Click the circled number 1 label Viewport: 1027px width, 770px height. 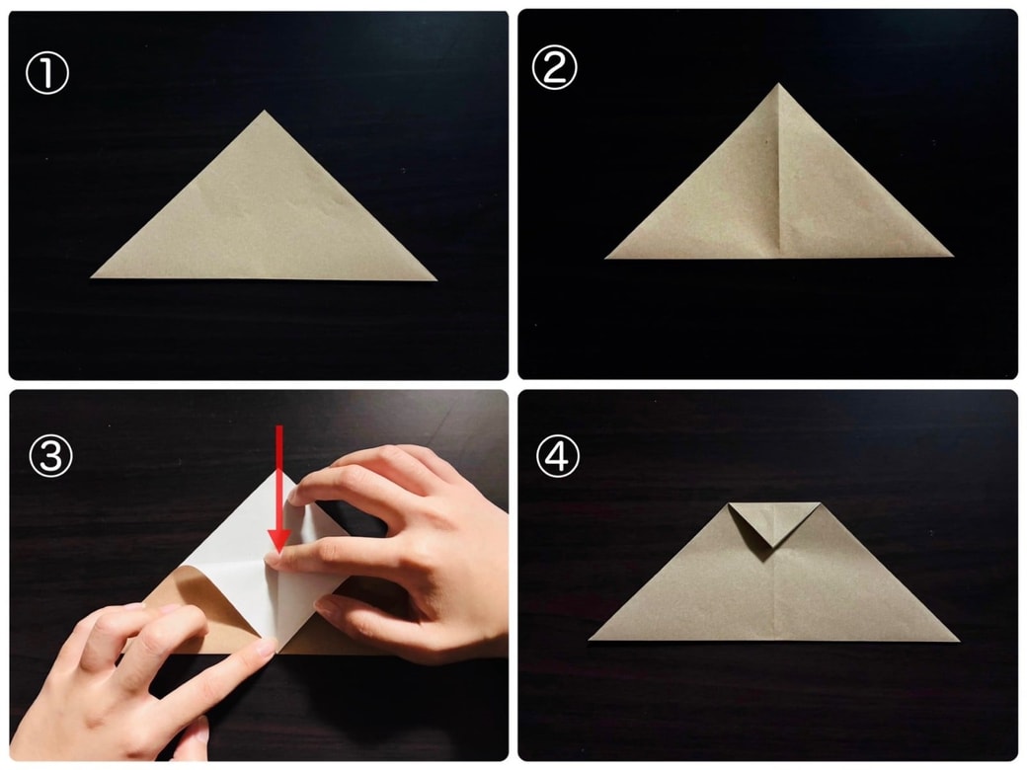pyautogui.click(x=47, y=73)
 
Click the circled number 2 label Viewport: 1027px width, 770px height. pyautogui.click(x=554, y=68)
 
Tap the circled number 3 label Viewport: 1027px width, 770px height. pyautogui.click(x=50, y=455)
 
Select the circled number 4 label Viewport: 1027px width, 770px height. pyautogui.click(x=557, y=456)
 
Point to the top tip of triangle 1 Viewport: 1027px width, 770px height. pyautogui.click(x=264, y=111)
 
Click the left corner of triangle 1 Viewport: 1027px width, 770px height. pyautogui.click(x=92, y=277)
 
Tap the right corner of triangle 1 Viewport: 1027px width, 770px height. pyautogui.click(x=435, y=280)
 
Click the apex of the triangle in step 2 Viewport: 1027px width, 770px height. pyautogui.click(x=778, y=84)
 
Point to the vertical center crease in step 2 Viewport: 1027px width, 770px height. pyautogui.click(x=779, y=170)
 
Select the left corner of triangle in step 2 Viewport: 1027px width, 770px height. pyautogui.click(x=606, y=258)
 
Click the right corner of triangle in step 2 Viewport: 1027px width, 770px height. pyautogui.click(x=952, y=256)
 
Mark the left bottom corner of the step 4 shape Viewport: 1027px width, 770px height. pyautogui.click(x=590, y=639)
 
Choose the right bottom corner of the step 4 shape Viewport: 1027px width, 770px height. pyautogui.click(x=959, y=641)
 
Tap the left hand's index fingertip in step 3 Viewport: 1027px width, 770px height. pyautogui.click(x=264, y=649)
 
